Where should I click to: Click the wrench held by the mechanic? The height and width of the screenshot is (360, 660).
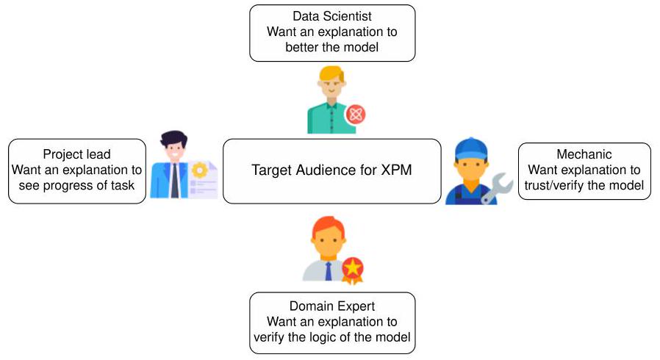click(497, 187)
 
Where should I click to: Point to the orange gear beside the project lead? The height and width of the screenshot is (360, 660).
click(199, 170)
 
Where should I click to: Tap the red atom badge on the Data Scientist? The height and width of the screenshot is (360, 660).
click(356, 114)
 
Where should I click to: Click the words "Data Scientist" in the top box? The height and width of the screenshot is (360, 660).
click(332, 16)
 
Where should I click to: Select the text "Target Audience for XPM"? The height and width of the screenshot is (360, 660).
click(332, 170)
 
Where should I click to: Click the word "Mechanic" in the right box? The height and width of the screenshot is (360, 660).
click(584, 154)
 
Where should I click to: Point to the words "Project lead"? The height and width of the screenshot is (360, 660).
click(76, 154)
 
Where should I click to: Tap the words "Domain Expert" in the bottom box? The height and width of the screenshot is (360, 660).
click(332, 306)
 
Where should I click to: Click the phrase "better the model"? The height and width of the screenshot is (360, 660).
click(332, 48)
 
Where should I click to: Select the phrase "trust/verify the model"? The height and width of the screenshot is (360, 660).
click(584, 186)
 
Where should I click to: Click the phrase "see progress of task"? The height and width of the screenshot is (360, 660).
click(76, 186)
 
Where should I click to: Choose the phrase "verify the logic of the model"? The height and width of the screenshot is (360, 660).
click(332, 338)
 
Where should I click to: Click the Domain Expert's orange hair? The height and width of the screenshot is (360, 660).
click(329, 228)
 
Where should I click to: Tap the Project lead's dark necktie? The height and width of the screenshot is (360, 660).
click(174, 183)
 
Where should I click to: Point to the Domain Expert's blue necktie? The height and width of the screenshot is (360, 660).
click(328, 270)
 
